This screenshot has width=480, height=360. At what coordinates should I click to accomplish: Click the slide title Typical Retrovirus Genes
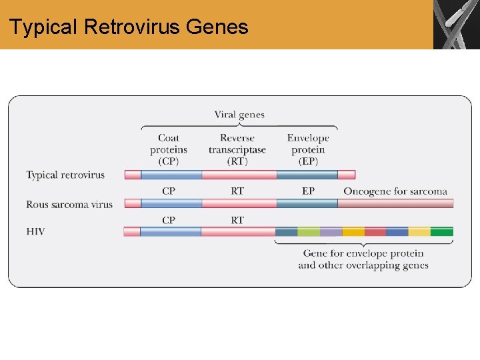[x=129, y=27]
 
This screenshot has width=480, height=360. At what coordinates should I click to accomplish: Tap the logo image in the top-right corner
[x=456, y=25]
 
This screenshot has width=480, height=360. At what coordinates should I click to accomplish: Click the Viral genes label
[x=239, y=115]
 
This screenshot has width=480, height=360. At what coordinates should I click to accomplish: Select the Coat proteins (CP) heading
[x=169, y=149]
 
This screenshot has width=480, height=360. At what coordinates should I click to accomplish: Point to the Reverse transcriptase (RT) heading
[x=237, y=149]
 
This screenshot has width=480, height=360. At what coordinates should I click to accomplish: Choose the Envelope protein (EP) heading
[x=308, y=149]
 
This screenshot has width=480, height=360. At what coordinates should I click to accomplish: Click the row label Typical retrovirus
[x=65, y=175]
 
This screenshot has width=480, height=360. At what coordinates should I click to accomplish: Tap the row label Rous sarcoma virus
[x=69, y=204]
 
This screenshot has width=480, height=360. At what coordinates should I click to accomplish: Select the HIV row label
[x=36, y=231]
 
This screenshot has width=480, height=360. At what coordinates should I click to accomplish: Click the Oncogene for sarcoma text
[x=395, y=191]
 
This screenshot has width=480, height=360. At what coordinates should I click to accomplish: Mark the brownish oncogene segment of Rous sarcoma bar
[x=395, y=203]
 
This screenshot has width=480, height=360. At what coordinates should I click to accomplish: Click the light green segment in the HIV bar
[x=309, y=232]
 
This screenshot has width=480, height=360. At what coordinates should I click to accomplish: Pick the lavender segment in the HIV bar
[x=331, y=232]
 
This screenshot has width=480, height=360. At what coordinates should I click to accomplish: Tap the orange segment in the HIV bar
[x=353, y=232]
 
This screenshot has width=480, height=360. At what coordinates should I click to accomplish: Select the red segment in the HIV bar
[x=375, y=232]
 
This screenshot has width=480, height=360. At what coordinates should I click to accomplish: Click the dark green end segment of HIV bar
[x=441, y=232]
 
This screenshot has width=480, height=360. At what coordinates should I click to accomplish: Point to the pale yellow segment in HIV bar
[x=419, y=232]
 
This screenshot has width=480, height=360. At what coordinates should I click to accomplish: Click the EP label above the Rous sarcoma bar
[x=308, y=191]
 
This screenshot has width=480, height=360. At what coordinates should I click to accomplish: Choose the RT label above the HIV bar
[x=237, y=220]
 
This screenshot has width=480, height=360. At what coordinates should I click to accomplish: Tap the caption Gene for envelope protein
[x=363, y=253]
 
